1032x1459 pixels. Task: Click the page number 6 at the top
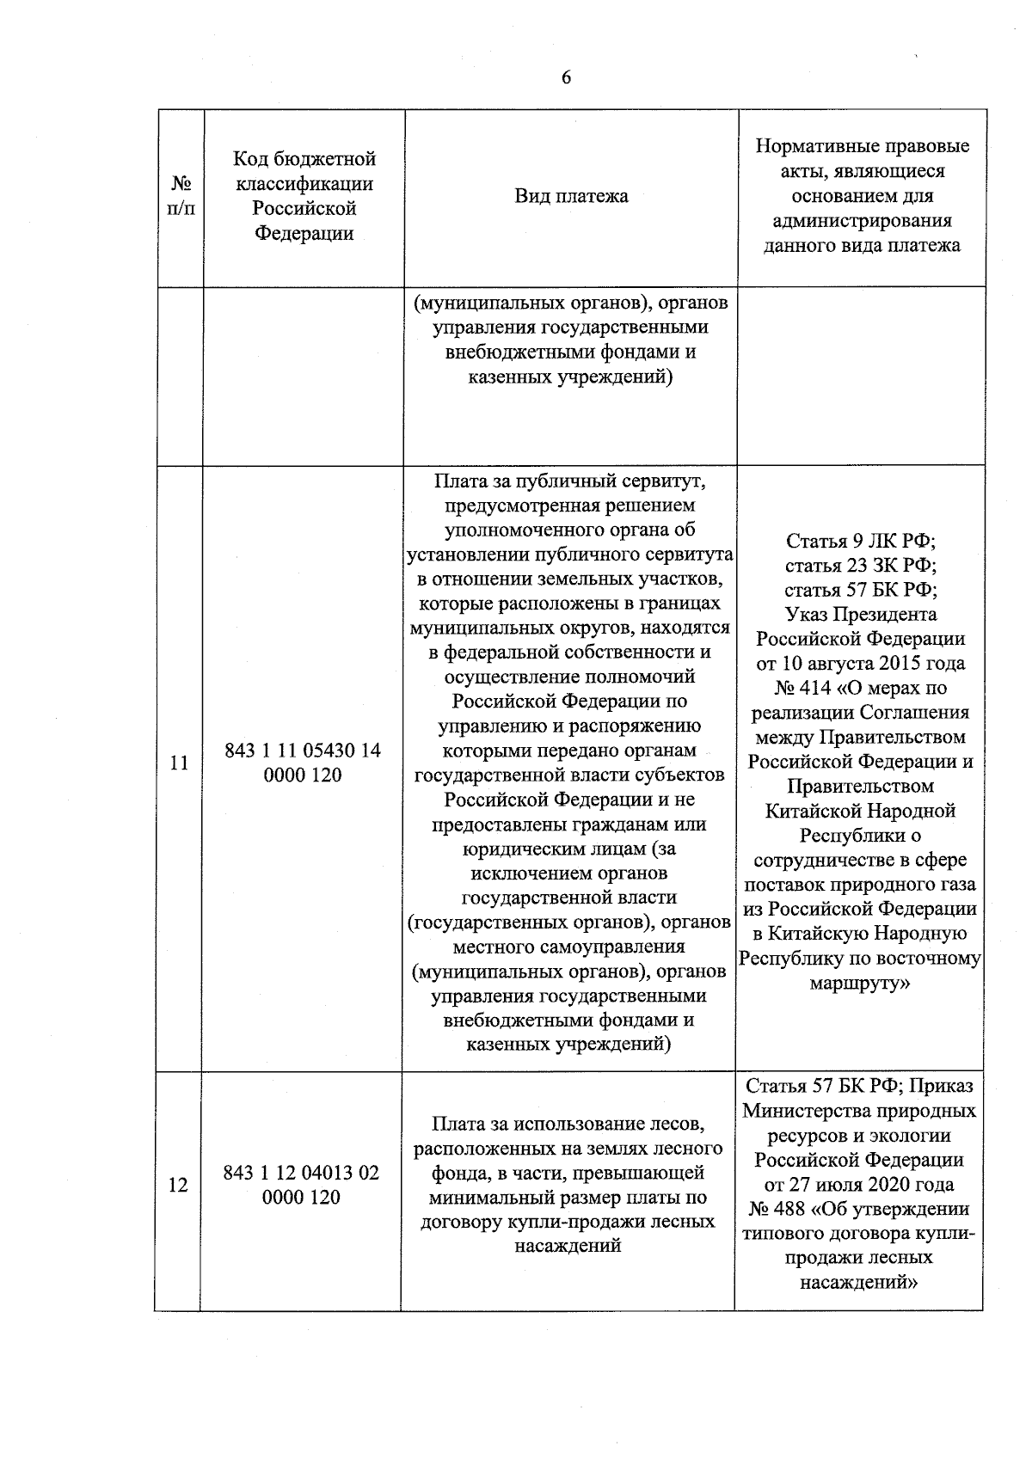click(x=565, y=78)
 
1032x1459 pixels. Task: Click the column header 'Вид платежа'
click(x=571, y=196)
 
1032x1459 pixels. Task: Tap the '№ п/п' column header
click(x=181, y=196)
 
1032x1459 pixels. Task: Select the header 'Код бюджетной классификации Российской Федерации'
click(x=304, y=196)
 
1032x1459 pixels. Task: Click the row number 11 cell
click(x=179, y=763)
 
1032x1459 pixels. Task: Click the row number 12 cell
click(x=177, y=1186)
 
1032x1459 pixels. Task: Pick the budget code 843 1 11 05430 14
click(x=303, y=751)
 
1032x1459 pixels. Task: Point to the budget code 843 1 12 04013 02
click(x=301, y=1173)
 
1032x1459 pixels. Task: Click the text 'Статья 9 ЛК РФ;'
click(x=860, y=542)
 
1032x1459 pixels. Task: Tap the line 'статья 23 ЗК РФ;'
click(x=860, y=566)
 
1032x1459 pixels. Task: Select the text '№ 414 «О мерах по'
click(x=860, y=688)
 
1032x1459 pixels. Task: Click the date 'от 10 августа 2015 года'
click(x=860, y=664)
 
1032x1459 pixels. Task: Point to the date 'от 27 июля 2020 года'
click(x=858, y=1184)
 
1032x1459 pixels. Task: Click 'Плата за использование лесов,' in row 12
click(x=568, y=1124)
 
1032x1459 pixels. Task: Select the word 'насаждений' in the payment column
click(x=568, y=1246)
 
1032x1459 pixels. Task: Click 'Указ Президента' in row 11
click(x=860, y=615)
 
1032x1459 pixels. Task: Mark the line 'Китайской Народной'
click(x=860, y=811)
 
